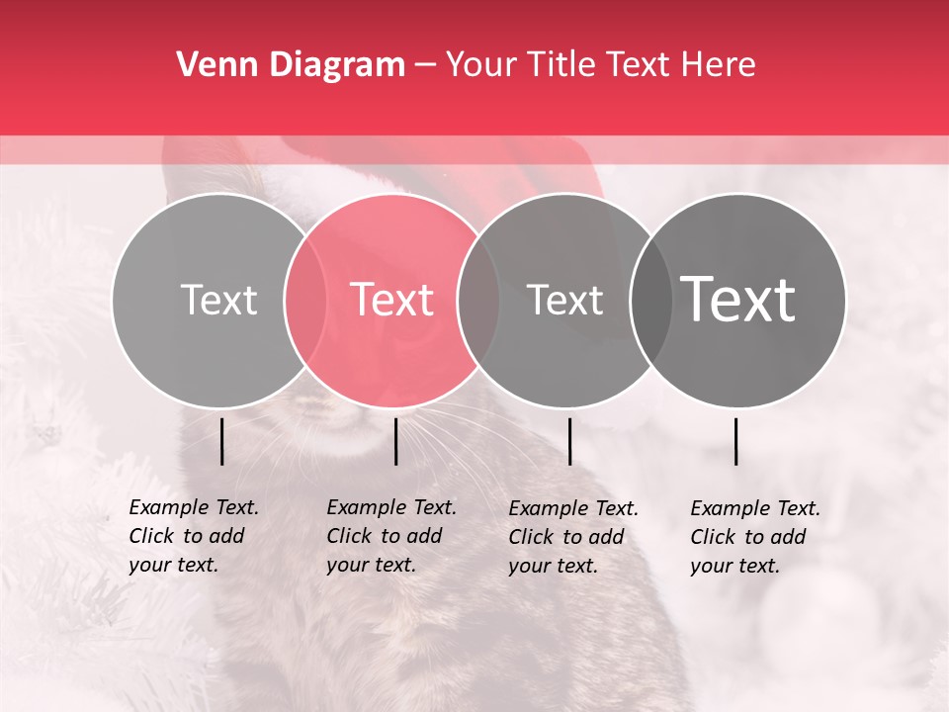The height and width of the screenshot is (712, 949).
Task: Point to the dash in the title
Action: (425, 66)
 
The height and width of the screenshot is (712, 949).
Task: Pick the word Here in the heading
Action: (719, 65)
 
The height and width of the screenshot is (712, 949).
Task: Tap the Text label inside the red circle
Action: (391, 300)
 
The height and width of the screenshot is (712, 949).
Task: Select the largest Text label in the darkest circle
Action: (738, 300)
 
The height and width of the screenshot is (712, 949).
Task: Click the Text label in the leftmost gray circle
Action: (218, 300)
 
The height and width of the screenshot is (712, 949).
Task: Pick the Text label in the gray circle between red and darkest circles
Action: (564, 300)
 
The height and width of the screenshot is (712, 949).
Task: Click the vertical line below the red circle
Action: (395, 441)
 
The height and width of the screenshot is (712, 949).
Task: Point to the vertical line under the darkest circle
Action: (736, 441)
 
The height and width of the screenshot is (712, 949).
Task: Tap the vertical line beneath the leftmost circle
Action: (222, 441)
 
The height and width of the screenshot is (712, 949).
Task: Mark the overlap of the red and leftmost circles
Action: (305, 300)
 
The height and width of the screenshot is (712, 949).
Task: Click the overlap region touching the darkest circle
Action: (650, 300)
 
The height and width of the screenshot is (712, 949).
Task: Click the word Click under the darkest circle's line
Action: (716, 537)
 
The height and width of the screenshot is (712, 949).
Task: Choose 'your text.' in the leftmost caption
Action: (173, 566)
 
